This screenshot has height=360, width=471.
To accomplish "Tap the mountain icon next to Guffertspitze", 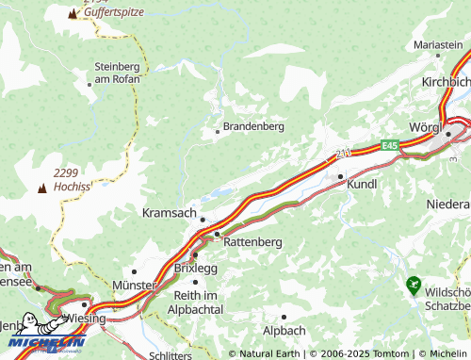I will tap(73, 14).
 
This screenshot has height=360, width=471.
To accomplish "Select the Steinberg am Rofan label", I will tap(118, 73).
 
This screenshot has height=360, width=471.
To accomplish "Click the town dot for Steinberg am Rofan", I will tap(89, 84).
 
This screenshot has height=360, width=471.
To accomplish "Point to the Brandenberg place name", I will tap(253, 125).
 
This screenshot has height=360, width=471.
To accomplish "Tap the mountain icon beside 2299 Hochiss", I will tap(41, 188).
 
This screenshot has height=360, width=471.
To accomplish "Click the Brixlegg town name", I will tap(196, 268).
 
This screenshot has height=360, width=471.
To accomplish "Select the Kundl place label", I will tap(362, 185).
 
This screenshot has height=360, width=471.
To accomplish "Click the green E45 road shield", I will tap(390, 145).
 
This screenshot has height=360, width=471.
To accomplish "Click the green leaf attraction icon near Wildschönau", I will tap(412, 283).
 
